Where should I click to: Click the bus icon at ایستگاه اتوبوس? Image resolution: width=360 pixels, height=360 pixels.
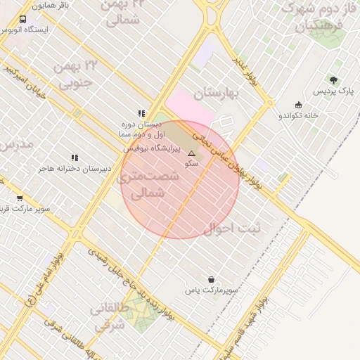point(23,20)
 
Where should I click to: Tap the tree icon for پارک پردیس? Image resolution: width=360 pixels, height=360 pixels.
point(333,80)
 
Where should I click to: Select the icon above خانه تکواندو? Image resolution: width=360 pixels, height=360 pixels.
point(298,105)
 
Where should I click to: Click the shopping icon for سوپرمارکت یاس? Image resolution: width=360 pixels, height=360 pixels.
point(211,279)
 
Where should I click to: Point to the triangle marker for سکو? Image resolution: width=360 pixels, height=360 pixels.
point(191,153)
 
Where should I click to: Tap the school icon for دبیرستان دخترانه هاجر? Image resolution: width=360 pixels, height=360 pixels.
point(75,157)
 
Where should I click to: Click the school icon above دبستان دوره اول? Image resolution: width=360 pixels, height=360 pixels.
point(141,112)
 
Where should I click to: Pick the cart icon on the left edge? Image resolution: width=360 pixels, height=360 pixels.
point(20,198)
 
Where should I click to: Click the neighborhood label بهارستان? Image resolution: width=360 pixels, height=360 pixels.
point(217,93)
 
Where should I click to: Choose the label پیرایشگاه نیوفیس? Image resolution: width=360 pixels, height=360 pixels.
point(152,148)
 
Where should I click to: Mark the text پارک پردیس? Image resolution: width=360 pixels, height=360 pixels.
point(330,92)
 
